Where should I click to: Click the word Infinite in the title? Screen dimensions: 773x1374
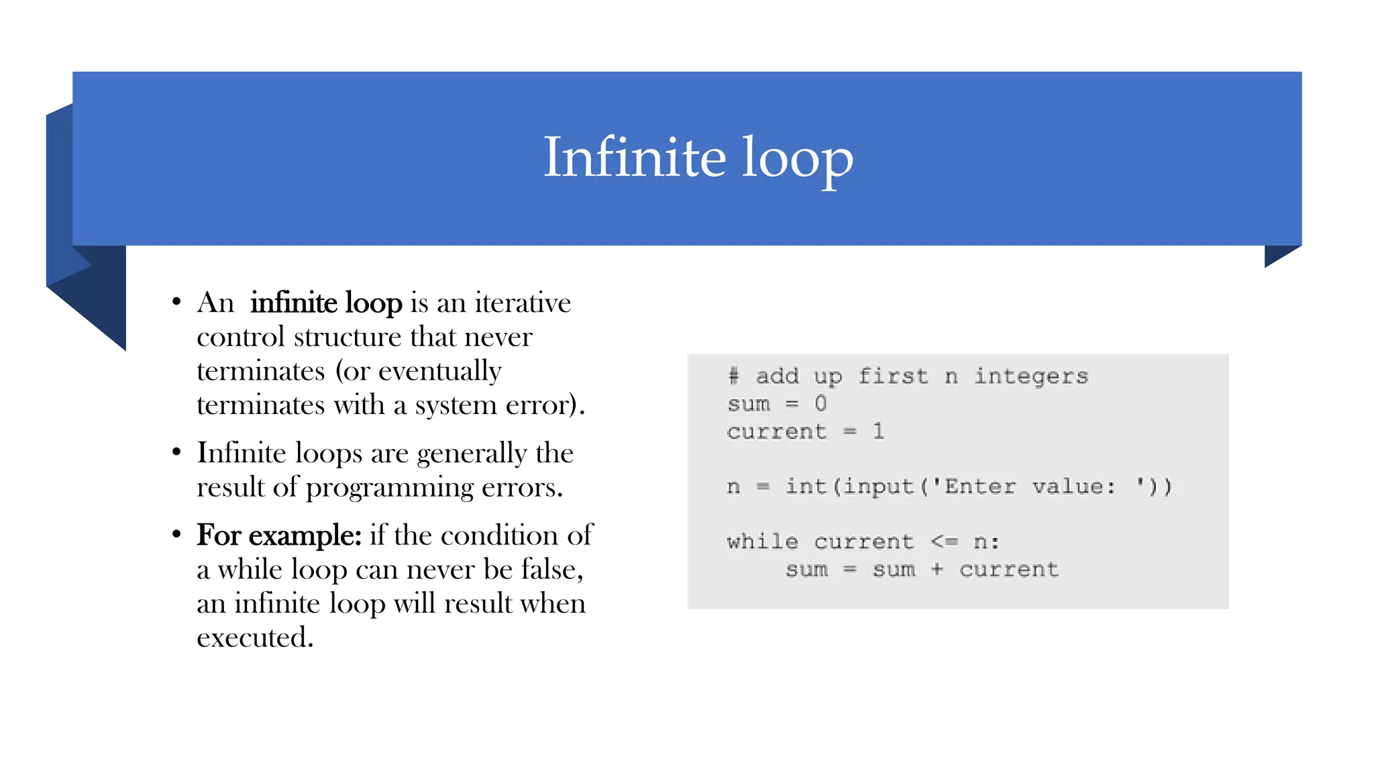pyautogui.click(x=634, y=158)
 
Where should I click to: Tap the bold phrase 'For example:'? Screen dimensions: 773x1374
pyautogui.click(x=278, y=535)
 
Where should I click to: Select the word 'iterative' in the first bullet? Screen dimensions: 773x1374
pyautogui.click(x=523, y=303)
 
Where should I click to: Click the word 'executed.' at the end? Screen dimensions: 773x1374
pyautogui.click(x=255, y=637)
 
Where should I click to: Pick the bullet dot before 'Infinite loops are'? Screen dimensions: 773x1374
pyautogui.click(x=176, y=452)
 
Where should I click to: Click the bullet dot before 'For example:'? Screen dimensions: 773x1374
pyautogui.click(x=176, y=535)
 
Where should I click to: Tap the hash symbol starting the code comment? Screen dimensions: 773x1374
pyautogui.click(x=733, y=376)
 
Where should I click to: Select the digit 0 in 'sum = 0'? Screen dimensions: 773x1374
pyautogui.click(x=821, y=403)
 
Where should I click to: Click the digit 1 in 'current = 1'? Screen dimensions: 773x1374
pyautogui.click(x=878, y=431)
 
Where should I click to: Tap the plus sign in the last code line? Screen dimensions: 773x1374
pyautogui.click(x=937, y=569)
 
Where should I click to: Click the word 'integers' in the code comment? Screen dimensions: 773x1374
pyautogui.click(x=1030, y=376)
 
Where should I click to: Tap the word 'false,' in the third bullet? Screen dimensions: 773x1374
pyautogui.click(x=552, y=570)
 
